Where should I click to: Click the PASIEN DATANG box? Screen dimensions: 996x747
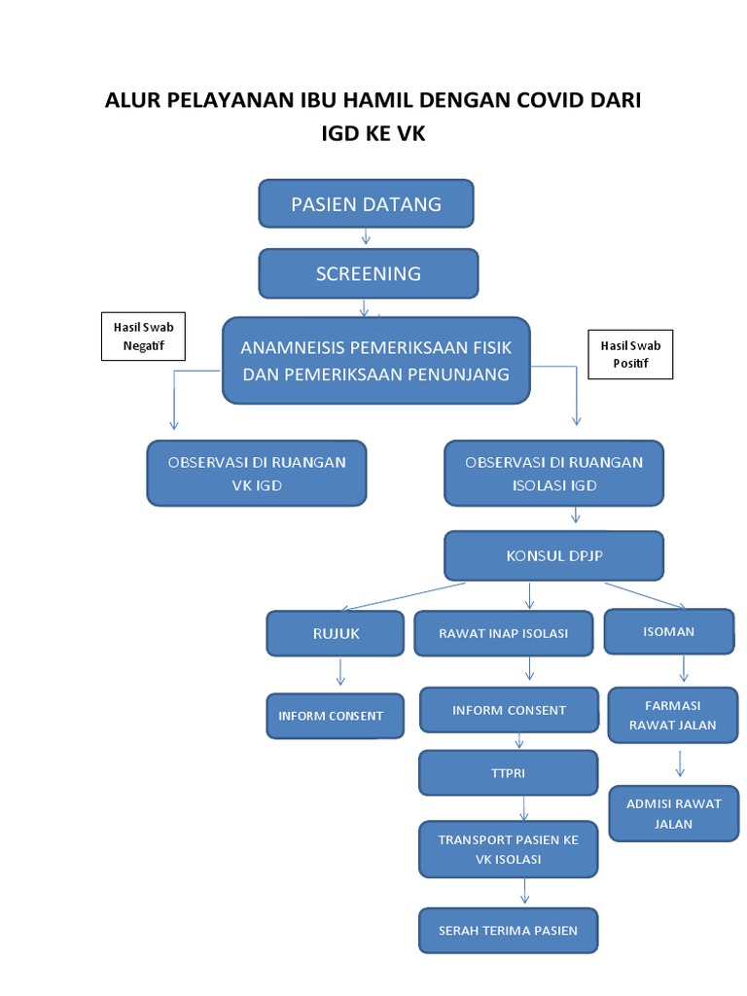[366, 204]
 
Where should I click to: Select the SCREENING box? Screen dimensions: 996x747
[368, 273]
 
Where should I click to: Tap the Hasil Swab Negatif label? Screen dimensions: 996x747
[143, 337]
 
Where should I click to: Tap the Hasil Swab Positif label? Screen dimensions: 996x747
[630, 355]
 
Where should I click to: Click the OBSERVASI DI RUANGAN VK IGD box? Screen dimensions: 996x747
[257, 474]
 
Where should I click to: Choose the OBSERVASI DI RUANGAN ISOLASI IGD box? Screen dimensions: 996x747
[554, 474]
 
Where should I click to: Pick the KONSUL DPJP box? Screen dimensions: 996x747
[554, 556]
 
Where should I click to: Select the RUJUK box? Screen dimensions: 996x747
[336, 633]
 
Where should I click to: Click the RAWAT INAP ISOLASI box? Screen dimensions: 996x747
[504, 633]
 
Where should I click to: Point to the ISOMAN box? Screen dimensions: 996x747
[669, 632]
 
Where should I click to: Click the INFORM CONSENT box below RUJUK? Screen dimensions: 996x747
[331, 716]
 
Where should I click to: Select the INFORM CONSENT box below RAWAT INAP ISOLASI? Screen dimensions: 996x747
[509, 710]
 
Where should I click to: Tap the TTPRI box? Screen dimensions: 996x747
[509, 773]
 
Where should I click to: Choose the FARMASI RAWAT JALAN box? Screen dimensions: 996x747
[673, 715]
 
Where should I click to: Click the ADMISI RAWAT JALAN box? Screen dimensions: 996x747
[673, 813]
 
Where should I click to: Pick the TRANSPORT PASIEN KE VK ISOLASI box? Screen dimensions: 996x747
[509, 849]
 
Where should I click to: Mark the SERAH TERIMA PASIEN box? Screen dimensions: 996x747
[509, 931]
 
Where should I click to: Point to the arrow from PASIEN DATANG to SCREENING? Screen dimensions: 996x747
[366, 237]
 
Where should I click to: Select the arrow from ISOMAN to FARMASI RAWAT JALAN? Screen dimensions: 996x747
[684, 668]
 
